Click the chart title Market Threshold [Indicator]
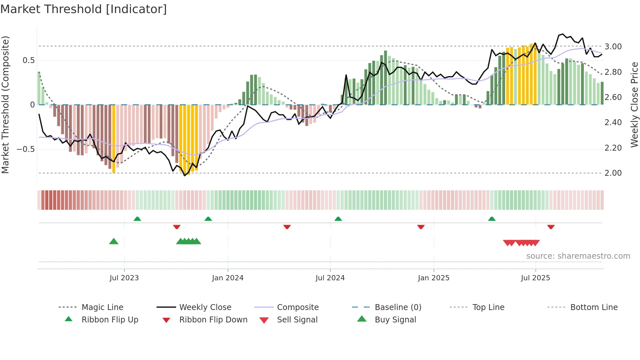[84, 9]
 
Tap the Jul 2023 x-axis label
[124, 278]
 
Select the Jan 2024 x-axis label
[228, 278]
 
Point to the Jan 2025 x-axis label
[434, 278]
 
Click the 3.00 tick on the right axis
[613, 47]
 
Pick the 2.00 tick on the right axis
[613, 173]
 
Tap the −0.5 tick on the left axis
[25, 149]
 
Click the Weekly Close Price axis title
[634, 105]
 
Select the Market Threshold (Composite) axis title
[5, 105]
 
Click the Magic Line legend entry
[102, 307]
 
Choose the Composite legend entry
[297, 307]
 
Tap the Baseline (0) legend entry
[398, 307]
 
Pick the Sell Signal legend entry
[297, 320]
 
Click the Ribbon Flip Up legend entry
[110, 320]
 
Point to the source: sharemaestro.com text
[578, 256]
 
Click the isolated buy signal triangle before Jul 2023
[114, 241]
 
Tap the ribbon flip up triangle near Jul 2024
[338, 219]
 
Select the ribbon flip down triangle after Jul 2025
[551, 227]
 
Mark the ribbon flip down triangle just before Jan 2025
[421, 227]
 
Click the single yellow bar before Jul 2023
[114, 139]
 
